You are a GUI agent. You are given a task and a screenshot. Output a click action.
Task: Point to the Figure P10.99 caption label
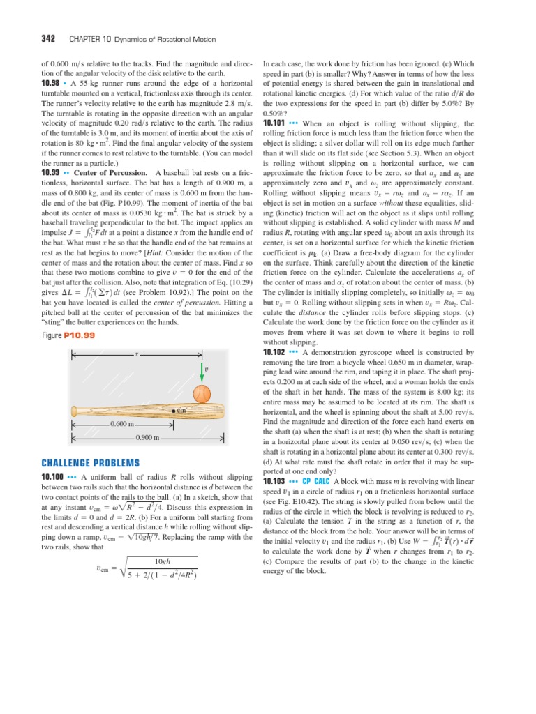[x=68, y=335]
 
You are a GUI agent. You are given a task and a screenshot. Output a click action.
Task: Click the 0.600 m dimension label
[x=126, y=423]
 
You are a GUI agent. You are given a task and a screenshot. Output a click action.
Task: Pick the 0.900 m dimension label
[x=147, y=437]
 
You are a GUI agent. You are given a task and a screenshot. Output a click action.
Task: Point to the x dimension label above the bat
[x=137, y=355]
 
